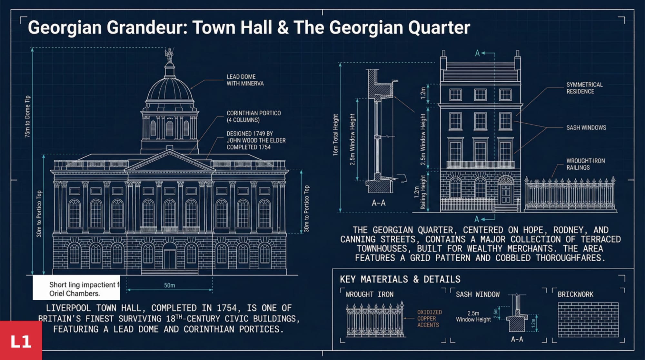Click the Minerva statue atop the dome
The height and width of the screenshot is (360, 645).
[x=169, y=55]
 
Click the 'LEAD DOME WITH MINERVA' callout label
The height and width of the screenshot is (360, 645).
[x=245, y=80]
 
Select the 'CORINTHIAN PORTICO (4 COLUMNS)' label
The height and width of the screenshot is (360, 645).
[x=253, y=116]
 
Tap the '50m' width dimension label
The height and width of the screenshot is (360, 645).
[x=170, y=285]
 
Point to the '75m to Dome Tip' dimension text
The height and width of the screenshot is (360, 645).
[x=27, y=116]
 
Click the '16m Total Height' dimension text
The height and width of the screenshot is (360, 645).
[x=335, y=135]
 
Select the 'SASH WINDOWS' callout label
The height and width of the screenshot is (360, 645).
[x=586, y=128]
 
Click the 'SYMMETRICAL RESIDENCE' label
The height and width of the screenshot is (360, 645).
[x=584, y=88]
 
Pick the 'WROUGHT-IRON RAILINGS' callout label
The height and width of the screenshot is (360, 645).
[x=585, y=164]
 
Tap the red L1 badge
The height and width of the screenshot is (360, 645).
[x=21, y=341]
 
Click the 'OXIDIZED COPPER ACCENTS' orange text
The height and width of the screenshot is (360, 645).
[x=429, y=318]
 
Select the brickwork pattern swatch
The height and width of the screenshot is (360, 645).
[x=588, y=320]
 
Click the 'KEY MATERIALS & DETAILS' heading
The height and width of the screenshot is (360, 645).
[x=400, y=279]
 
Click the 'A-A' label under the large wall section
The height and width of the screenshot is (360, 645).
[x=378, y=203]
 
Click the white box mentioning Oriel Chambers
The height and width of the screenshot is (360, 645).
[x=76, y=288]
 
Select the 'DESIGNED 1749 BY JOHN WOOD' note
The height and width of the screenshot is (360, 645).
[x=256, y=140]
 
